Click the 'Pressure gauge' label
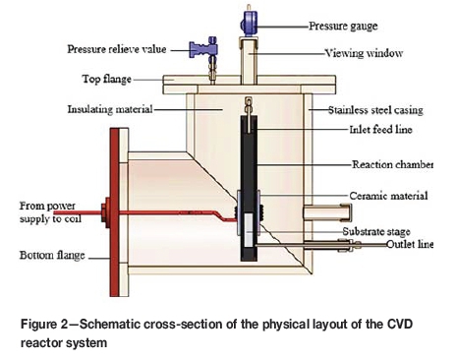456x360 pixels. (x=343, y=27)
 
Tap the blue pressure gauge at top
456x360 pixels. (x=249, y=24)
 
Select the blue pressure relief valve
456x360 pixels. (x=203, y=48)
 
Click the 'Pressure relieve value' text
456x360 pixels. (x=117, y=49)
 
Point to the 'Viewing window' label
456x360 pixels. (x=364, y=53)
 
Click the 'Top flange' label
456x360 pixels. (x=107, y=79)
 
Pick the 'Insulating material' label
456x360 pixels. (x=110, y=109)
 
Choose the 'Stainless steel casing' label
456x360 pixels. (x=375, y=110)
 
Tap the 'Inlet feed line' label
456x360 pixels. (x=380, y=130)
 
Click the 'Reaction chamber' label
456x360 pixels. (x=392, y=164)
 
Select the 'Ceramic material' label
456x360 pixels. (x=388, y=196)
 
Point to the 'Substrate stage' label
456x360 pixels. (x=376, y=231)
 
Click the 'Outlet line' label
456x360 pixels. (x=410, y=244)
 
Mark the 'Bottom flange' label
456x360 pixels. (x=52, y=255)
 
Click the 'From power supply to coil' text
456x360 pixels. (x=50, y=212)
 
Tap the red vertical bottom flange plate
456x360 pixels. (x=114, y=212)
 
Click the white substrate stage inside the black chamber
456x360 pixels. (x=249, y=230)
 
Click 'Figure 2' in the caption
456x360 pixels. (x=43, y=325)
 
